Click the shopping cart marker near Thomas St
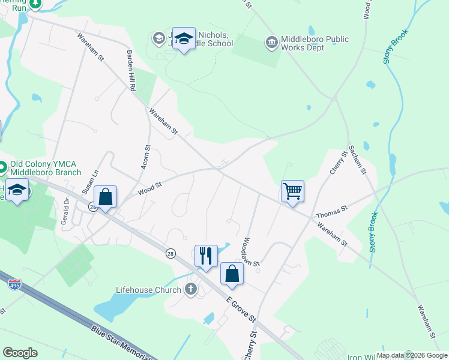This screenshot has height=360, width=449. coord(292,192)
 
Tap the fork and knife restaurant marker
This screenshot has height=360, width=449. coord(206,256)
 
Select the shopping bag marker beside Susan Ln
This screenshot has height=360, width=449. coord(105,197)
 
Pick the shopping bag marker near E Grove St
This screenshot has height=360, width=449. coord(232,274)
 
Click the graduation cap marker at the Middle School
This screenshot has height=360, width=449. coord(184,39)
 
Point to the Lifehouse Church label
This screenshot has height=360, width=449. coord(148,290)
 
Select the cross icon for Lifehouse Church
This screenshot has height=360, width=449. coord(191,290)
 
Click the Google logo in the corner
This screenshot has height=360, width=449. coord(20,353)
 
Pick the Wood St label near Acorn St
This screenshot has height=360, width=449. coord(150,188)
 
